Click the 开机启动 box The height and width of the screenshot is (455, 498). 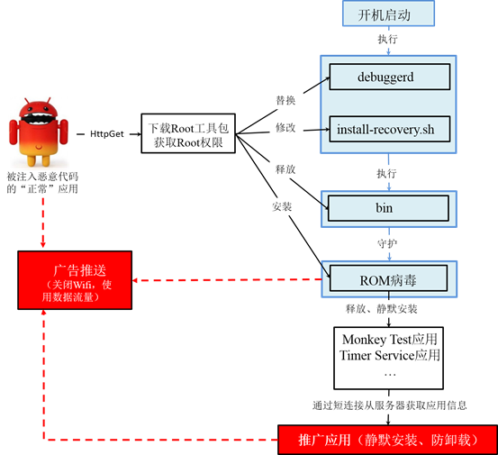(388, 14)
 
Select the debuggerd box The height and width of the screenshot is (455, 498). (390, 77)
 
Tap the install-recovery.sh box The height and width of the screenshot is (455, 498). (390, 129)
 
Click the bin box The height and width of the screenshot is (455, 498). (388, 208)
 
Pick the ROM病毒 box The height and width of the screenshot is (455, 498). (388, 278)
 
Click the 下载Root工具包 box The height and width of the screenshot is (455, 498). (188, 133)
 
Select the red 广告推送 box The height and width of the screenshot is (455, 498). (75, 280)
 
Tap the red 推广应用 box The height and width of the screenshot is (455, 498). (387, 440)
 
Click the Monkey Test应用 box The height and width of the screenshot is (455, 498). (388, 358)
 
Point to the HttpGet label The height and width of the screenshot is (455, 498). (106, 134)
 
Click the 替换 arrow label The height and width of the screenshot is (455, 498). (285, 100)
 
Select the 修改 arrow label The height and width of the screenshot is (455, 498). (285, 128)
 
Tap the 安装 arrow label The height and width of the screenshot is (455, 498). (282, 207)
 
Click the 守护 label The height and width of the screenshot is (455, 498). (387, 244)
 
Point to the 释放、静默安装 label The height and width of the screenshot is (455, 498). (382, 309)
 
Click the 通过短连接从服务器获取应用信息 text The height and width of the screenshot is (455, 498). (389, 405)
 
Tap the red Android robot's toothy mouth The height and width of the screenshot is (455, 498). (39, 119)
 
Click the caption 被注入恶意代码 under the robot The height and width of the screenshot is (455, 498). (42, 177)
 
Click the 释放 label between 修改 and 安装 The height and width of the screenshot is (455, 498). (285, 169)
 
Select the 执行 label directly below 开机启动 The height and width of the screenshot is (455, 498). (387, 39)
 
